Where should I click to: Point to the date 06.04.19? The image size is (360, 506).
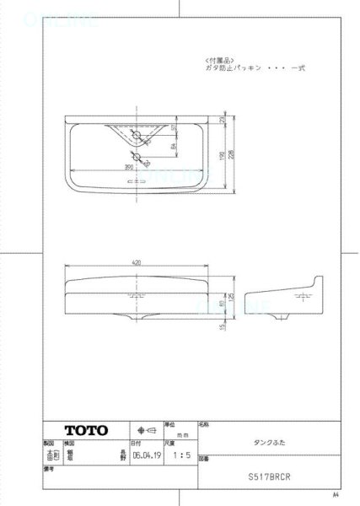click(x=143, y=452)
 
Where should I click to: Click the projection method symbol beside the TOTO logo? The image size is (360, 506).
click(x=142, y=429)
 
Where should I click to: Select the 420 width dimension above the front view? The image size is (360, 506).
click(x=137, y=262)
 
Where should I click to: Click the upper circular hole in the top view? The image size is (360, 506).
click(x=137, y=134)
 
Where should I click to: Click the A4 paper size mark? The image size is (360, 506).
click(x=335, y=494)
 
